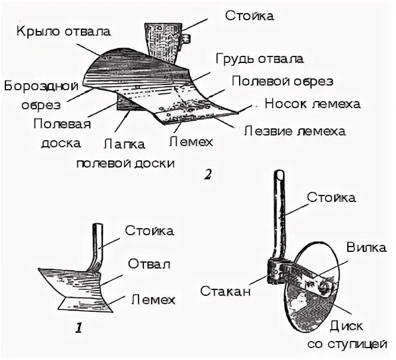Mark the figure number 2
(207, 175)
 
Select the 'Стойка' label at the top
(250, 16)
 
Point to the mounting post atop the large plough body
(161, 43)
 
